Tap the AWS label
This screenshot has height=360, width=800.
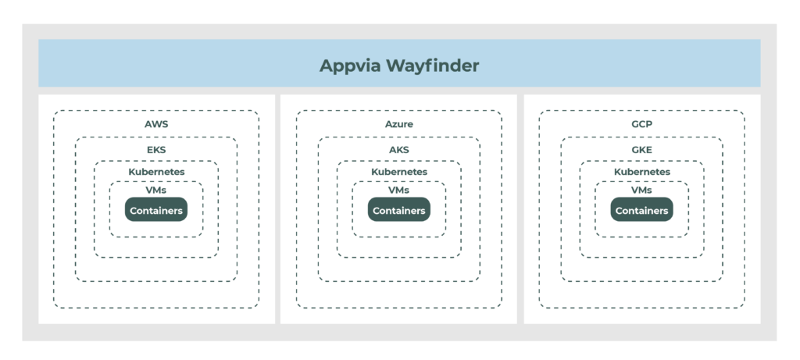(x=156, y=124)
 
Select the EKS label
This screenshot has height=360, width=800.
(x=156, y=149)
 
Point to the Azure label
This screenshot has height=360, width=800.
(x=399, y=124)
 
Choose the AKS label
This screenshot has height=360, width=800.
(x=399, y=149)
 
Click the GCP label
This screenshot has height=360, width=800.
(x=642, y=124)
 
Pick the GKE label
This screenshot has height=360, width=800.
(x=642, y=149)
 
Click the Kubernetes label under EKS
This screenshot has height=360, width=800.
(x=156, y=172)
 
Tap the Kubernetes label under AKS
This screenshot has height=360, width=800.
(x=399, y=172)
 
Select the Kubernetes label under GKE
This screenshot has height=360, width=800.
(x=642, y=172)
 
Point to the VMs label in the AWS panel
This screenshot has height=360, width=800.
(x=156, y=190)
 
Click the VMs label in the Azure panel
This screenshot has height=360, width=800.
(x=399, y=190)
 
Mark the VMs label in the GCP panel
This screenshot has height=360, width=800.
(x=642, y=190)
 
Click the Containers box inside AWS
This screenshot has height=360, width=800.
(x=156, y=210)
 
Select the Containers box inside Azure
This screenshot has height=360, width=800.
(x=399, y=210)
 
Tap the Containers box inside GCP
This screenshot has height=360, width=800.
(x=642, y=210)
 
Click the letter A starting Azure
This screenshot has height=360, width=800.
(x=388, y=124)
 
